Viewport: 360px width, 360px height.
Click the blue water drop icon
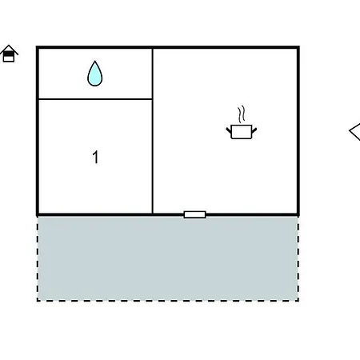pos(95,74)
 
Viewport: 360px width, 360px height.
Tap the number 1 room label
pos(95,157)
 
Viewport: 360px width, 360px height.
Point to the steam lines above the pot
pos(242,114)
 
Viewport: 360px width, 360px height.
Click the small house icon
pos(9,54)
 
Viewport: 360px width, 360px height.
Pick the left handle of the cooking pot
pos(229,130)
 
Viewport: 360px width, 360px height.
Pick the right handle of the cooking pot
pos(254,130)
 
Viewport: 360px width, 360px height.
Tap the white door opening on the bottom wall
pos(195,214)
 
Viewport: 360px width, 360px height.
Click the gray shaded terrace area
pos(168,258)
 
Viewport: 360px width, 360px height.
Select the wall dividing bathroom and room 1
pos(95,99)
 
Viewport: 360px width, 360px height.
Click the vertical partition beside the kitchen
pos(153,130)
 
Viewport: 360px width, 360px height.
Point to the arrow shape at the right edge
pos(354,131)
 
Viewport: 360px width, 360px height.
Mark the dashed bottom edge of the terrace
pos(168,301)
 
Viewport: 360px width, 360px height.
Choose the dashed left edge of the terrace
pos(38,258)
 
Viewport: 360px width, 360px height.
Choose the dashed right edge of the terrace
pos(298,258)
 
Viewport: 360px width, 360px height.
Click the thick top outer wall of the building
pos(168,47)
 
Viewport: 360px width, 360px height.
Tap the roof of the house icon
pos(9,50)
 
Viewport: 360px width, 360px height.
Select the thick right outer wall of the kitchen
pos(298,130)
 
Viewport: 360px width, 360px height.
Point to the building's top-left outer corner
pos(36,46)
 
